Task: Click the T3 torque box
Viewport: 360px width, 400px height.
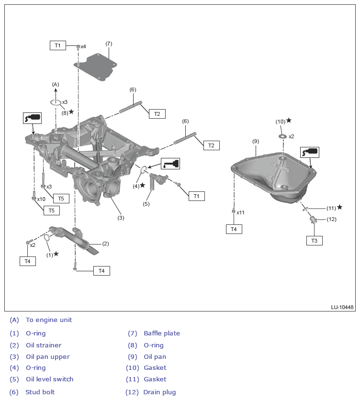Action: [314, 241]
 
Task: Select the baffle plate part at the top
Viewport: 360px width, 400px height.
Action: [99, 68]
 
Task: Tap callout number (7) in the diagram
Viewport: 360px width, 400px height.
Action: [109, 44]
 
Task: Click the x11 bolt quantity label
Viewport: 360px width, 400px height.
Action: [240, 212]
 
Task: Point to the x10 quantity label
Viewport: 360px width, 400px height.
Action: [41, 199]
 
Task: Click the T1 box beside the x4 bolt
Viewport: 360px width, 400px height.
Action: [58, 45]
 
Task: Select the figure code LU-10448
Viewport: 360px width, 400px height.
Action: [342, 307]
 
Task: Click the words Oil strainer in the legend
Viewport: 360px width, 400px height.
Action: [44, 345]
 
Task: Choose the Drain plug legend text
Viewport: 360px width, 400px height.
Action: [159, 392]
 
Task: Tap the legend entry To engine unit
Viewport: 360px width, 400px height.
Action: [49, 320]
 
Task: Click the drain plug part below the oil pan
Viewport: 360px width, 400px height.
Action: [314, 221]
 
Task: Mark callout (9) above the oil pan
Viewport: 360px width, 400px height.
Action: [256, 141]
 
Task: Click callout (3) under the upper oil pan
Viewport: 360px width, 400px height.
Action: [121, 218]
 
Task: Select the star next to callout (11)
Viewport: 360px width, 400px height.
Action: [339, 207]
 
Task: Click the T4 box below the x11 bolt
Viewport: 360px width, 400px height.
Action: [234, 229]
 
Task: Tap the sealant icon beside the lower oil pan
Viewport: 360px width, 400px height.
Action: [309, 153]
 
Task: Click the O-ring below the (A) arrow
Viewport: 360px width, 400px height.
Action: [56, 102]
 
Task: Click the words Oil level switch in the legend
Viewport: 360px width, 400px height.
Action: [50, 379]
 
